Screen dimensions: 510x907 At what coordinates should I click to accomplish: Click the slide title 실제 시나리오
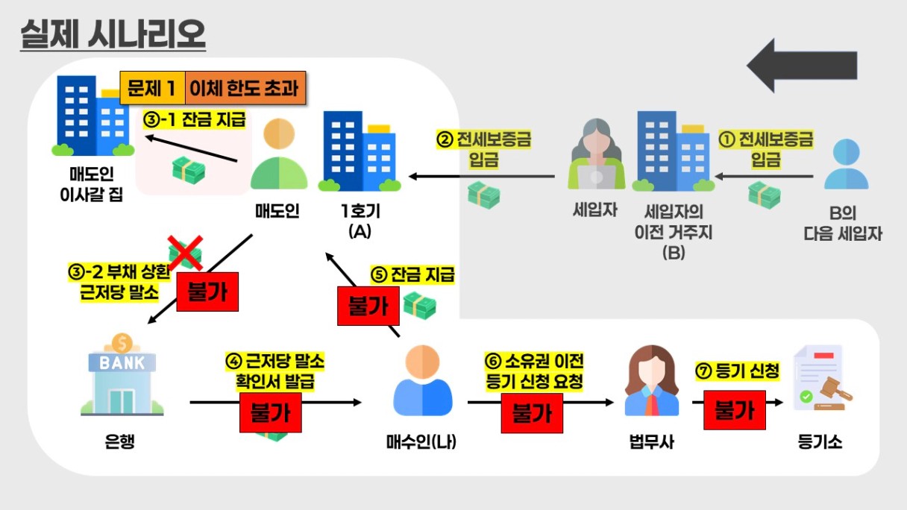(113, 34)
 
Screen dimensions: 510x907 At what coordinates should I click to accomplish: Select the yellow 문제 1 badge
(151, 89)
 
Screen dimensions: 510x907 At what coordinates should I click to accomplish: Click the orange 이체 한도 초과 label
(244, 89)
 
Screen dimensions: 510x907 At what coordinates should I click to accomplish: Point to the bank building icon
(119, 376)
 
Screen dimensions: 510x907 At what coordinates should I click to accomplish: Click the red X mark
(184, 253)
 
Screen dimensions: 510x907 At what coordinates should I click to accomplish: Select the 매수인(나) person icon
(422, 381)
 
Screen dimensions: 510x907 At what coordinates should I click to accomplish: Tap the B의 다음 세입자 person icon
(847, 165)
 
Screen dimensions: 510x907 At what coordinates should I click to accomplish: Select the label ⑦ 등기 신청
(738, 371)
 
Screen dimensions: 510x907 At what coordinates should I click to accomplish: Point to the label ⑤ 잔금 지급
(412, 274)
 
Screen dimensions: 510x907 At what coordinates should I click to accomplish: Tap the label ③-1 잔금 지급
(194, 119)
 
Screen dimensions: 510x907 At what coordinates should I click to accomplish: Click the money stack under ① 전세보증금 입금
(764, 195)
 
